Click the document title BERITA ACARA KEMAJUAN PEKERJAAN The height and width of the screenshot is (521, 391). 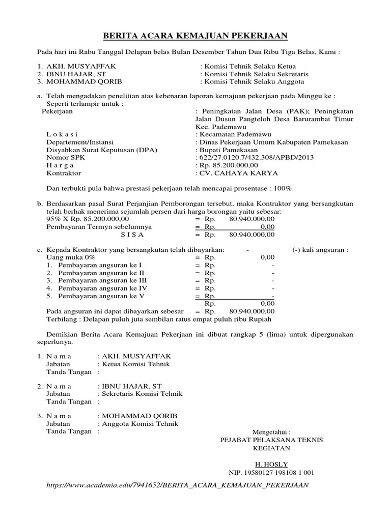(x=195, y=35)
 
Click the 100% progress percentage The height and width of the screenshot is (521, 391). (x=283, y=188)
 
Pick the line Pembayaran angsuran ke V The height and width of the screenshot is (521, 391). (x=101, y=296)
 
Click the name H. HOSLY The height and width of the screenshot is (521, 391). (x=271, y=464)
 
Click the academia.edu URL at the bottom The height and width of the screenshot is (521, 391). (x=178, y=485)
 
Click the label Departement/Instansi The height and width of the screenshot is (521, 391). (x=80, y=142)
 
